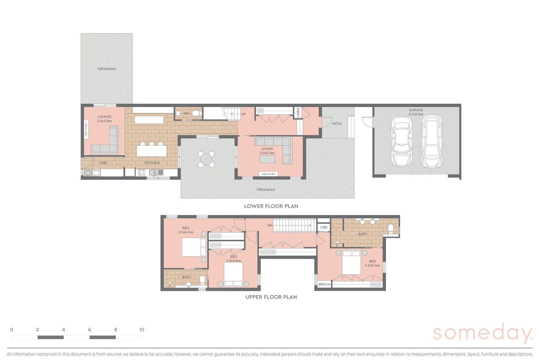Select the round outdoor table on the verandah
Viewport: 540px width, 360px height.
(206, 159)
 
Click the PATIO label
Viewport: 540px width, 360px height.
(337, 124)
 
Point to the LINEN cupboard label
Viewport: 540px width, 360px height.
(298, 112)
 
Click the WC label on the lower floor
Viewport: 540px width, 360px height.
(186, 114)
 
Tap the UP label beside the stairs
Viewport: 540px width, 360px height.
(243, 114)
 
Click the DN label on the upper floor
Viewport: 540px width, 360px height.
(270, 225)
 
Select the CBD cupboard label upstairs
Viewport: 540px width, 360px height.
(324, 227)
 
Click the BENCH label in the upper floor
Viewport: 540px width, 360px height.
(324, 284)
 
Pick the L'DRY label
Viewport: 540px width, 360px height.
(103, 163)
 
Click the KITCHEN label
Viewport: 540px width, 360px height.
(152, 163)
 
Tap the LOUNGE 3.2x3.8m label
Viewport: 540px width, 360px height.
(104, 119)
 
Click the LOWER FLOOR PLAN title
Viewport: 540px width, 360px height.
(271, 206)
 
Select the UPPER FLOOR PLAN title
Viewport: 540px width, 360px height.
(271, 297)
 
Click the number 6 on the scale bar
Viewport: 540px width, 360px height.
(89, 330)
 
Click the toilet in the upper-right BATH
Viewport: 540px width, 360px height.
(391, 229)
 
